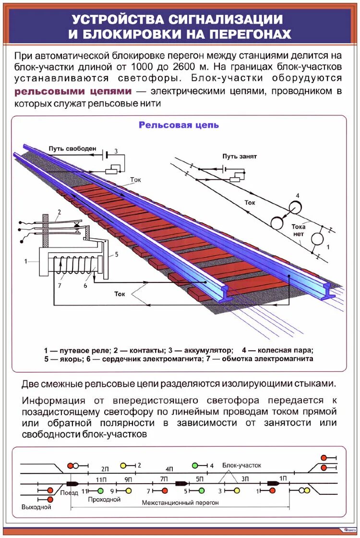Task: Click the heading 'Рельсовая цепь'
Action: tap(179, 125)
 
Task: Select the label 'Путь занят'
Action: tap(240, 157)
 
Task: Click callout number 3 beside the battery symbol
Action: tap(115, 152)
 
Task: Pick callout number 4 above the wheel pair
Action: tap(298, 196)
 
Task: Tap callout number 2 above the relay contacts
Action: tap(60, 212)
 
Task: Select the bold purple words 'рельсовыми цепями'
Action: tap(73, 91)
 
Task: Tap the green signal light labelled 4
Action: tap(195, 465)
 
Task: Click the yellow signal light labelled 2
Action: tap(123, 465)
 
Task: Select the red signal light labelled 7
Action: tap(164, 490)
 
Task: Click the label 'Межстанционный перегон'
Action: tap(180, 502)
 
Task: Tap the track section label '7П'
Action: tap(164, 479)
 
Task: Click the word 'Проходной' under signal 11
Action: tap(104, 500)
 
